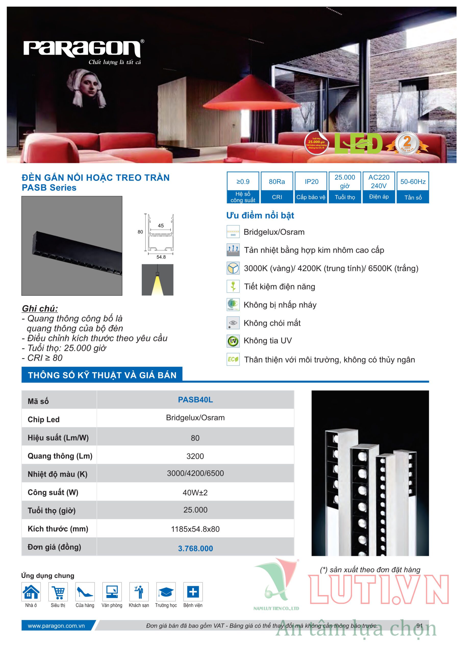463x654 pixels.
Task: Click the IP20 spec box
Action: (311, 187)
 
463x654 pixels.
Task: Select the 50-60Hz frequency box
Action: (412, 187)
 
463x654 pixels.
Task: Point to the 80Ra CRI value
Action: (277, 182)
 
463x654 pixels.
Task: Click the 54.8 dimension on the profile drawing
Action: (161, 257)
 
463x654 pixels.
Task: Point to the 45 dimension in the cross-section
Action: (161, 226)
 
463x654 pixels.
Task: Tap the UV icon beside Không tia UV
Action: (233, 341)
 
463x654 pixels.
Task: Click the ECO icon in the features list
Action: (233, 359)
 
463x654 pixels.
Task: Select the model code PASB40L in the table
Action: (195, 400)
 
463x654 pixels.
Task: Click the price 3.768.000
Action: (195, 548)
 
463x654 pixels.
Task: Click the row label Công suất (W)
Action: (53, 493)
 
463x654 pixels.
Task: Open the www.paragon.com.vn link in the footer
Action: (56, 626)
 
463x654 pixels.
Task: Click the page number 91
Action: (419, 625)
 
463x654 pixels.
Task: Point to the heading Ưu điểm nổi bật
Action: (260, 215)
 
